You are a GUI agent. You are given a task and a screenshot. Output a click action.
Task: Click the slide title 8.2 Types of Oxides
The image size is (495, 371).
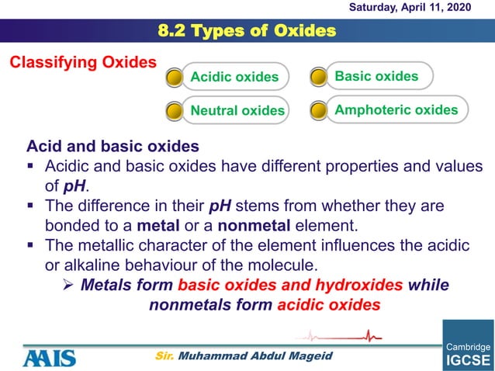click(247, 31)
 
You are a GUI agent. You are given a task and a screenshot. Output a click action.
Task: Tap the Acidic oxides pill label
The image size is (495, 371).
click(234, 77)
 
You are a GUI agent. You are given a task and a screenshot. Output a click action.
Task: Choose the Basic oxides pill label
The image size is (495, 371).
click(376, 76)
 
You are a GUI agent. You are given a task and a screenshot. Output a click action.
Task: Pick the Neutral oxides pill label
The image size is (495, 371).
click(237, 110)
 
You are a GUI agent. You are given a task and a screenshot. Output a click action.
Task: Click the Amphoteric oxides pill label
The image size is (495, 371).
click(396, 109)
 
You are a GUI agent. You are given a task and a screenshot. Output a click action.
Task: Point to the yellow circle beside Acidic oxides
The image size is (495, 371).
click(175, 78)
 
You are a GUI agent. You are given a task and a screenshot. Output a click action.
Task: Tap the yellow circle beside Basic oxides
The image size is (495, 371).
click(318, 77)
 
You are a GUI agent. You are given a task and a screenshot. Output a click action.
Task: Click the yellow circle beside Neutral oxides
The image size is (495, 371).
click(175, 111)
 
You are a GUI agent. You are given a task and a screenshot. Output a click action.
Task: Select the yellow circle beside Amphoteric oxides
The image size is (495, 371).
click(318, 110)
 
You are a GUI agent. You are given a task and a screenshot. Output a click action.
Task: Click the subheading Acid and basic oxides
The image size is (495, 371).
click(112, 146)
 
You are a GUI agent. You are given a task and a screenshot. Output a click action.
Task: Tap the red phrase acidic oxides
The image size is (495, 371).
click(328, 304)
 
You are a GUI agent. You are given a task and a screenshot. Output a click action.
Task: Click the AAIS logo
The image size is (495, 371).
click(49, 358)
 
